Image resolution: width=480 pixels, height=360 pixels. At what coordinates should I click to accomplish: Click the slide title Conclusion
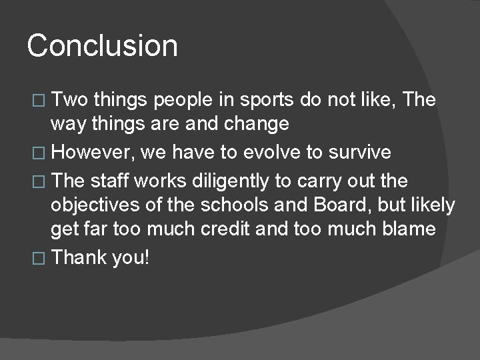pos(103,46)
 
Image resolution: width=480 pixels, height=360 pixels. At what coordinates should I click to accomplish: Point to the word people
pos(183,101)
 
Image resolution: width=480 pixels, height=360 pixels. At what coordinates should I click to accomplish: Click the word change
pos(256,124)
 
